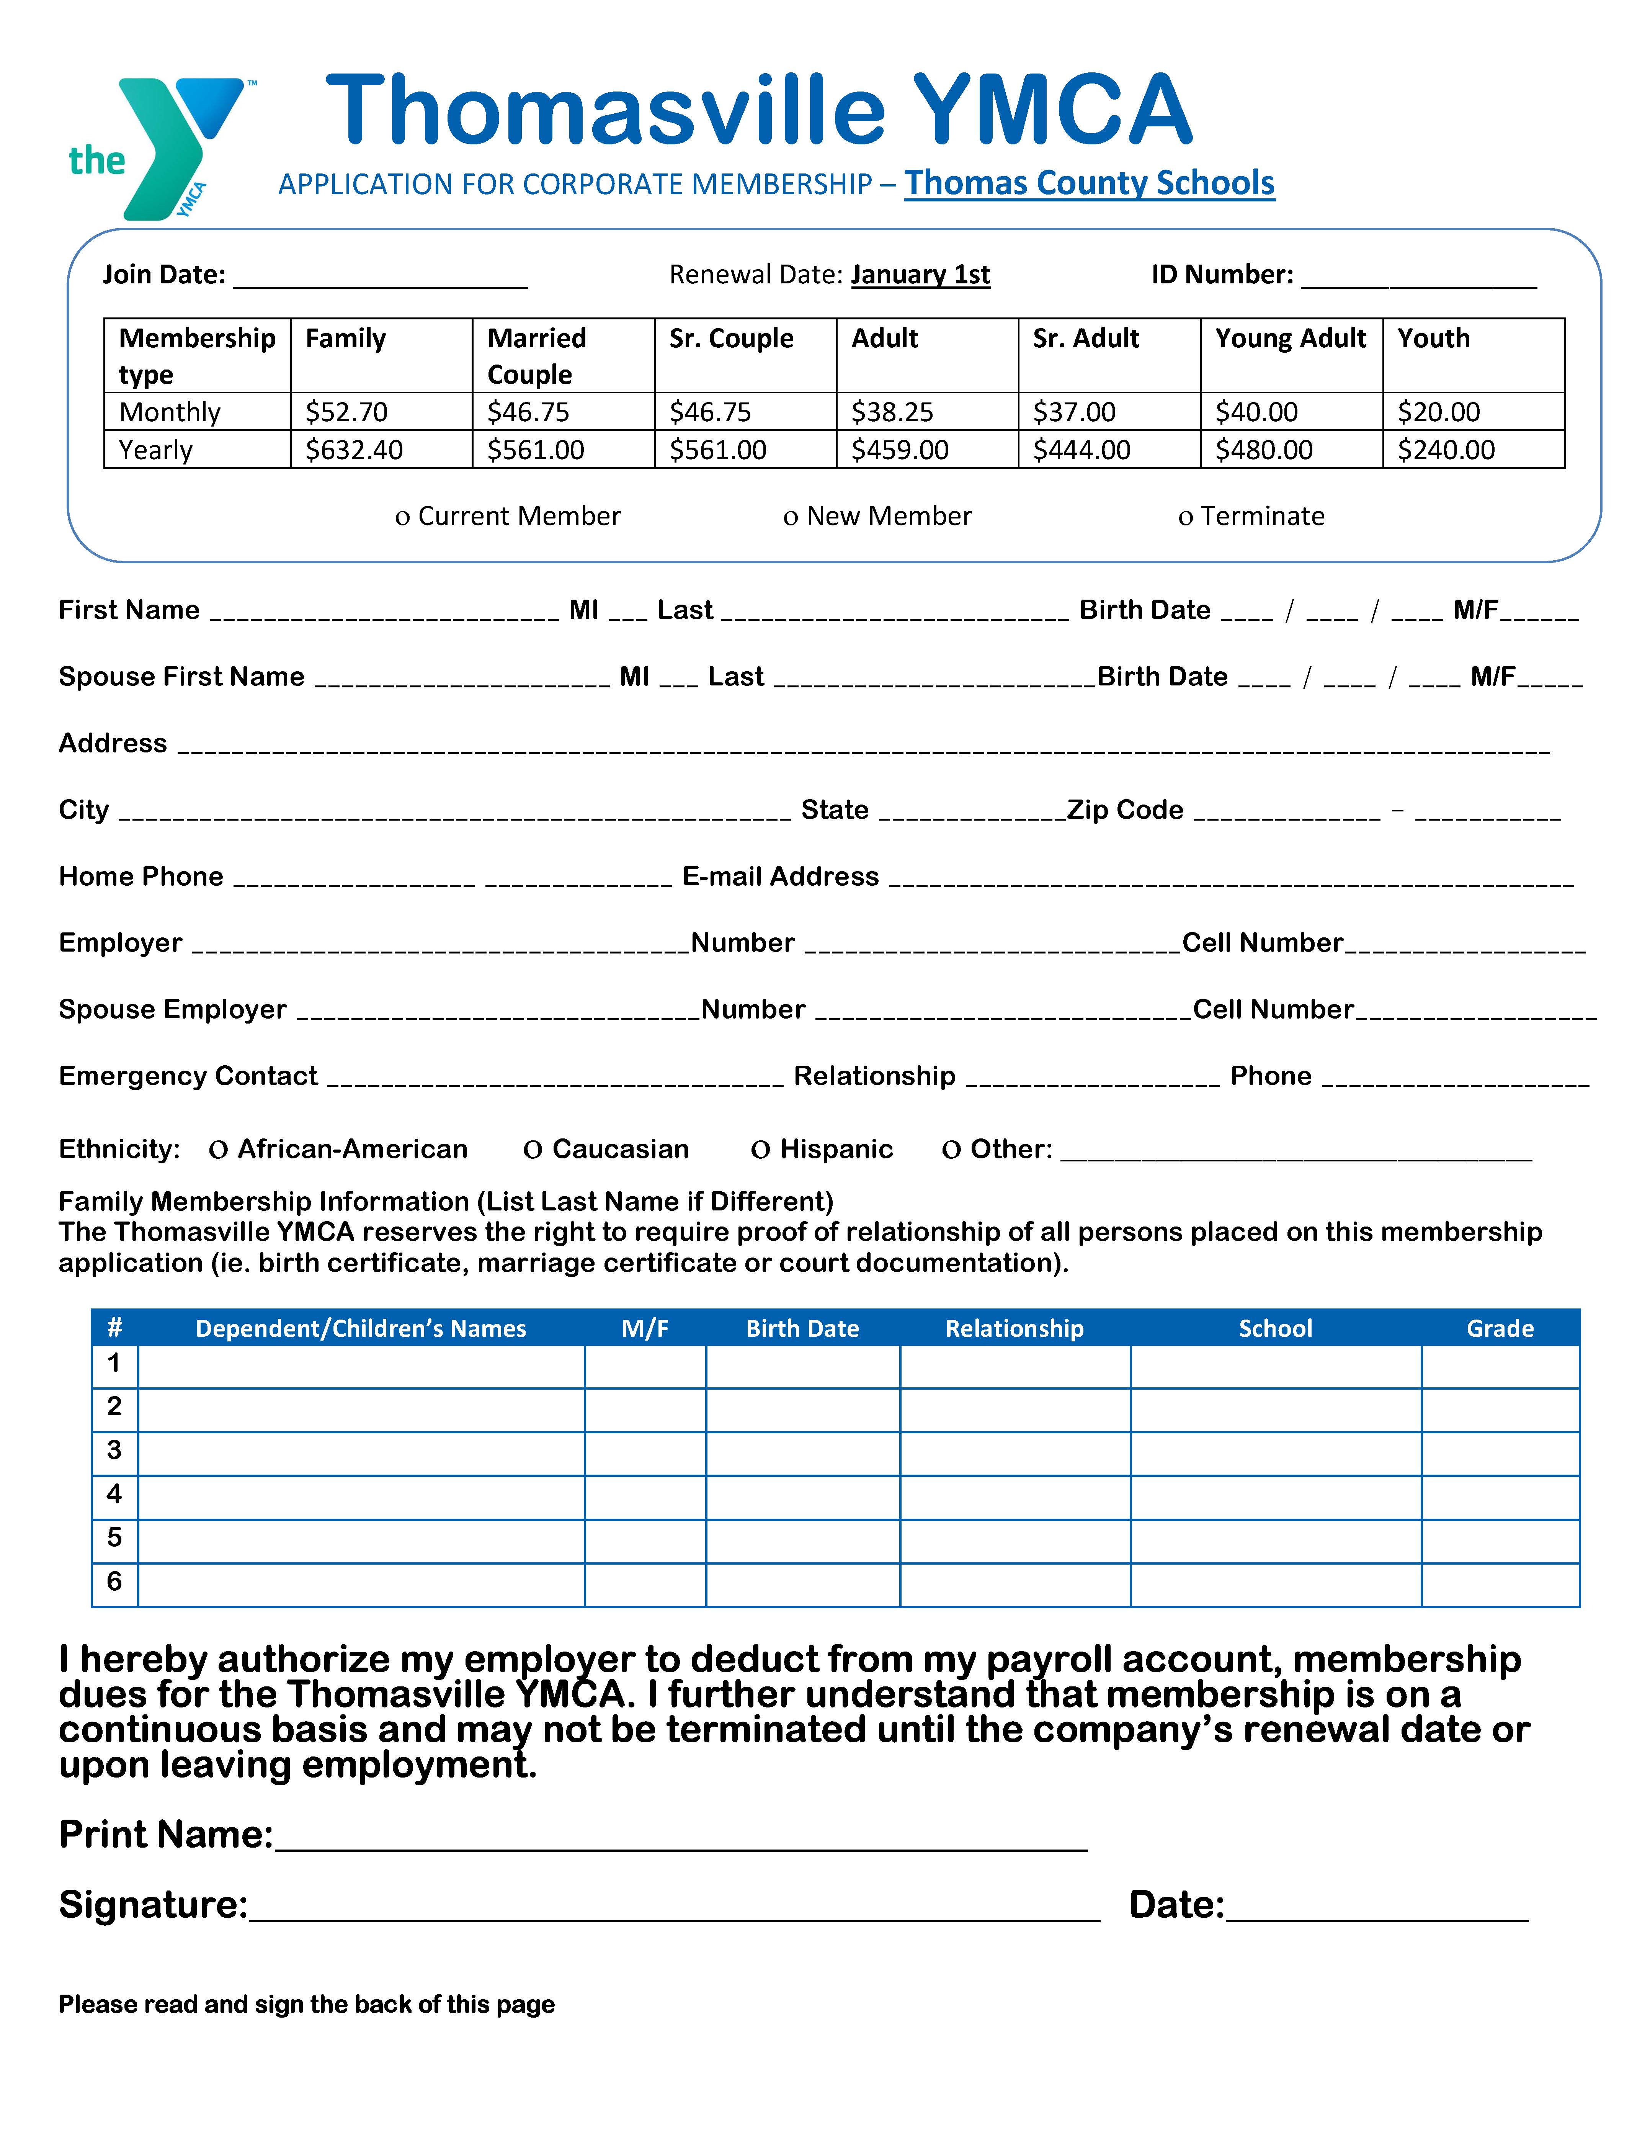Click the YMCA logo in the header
click(x=157, y=147)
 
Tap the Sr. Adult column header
click(x=1086, y=339)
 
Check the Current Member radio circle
click(x=402, y=517)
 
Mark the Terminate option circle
click(x=1185, y=517)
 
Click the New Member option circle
click(x=790, y=517)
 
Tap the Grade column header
click(x=1499, y=1328)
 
